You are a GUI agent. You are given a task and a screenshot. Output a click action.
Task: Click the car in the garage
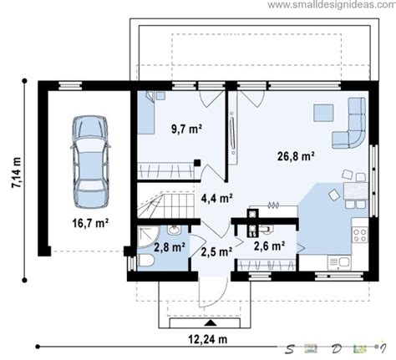point(91,162)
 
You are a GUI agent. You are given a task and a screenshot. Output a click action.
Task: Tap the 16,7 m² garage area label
point(90,223)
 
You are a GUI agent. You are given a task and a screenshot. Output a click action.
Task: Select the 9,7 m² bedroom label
point(186,129)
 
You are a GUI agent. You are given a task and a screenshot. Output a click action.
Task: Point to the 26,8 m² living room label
point(296,156)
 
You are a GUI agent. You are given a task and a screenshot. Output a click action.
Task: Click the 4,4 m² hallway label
point(217,198)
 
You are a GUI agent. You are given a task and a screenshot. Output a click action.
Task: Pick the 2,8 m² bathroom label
point(170,247)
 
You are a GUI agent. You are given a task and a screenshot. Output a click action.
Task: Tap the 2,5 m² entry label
point(216,251)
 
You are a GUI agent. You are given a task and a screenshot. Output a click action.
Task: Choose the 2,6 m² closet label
point(269,246)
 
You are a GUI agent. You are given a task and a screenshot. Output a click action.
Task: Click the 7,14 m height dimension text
point(17,173)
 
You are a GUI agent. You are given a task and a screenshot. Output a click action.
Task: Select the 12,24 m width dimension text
point(208,339)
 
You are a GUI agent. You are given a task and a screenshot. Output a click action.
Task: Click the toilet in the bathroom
point(146,261)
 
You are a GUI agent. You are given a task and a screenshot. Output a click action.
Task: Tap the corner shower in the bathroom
point(148,236)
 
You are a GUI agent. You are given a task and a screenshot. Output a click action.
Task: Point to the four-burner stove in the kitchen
point(360,235)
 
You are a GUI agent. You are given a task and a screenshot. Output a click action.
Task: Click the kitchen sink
point(339,263)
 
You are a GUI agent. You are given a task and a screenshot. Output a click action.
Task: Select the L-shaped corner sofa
point(349,123)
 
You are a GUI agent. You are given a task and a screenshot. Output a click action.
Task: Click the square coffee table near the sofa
point(323,113)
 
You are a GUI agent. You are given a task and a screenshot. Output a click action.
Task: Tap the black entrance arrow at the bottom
point(211,323)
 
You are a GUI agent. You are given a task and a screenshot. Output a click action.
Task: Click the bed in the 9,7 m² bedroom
point(146,112)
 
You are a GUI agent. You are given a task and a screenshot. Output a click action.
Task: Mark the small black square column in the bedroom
point(197,163)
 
